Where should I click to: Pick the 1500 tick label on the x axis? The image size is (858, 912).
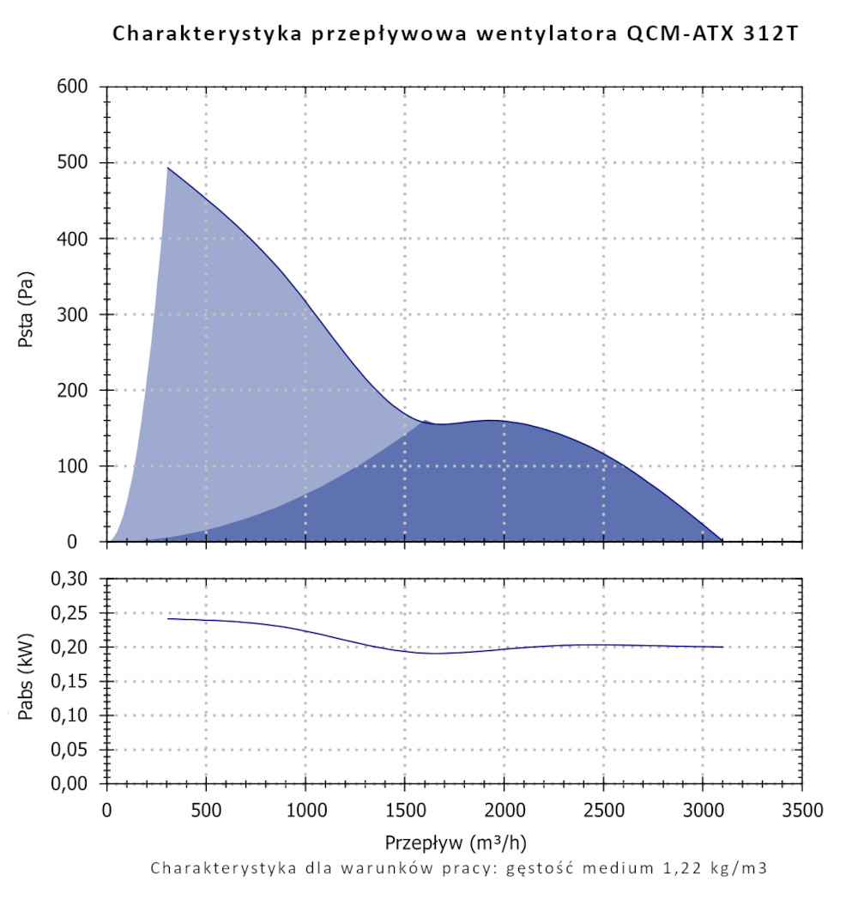pyautogui.click(x=404, y=810)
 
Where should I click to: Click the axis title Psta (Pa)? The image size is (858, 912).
pyautogui.click(x=27, y=314)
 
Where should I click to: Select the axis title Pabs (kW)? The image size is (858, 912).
pyautogui.click(x=27, y=681)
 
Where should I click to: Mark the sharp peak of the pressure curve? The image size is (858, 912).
pyautogui.click(x=168, y=167)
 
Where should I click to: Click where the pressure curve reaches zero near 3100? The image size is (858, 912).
pyautogui.click(x=722, y=541)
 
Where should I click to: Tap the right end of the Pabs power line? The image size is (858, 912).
pyautogui.click(x=722, y=647)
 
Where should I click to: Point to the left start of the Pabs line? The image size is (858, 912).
pyautogui.click(x=168, y=618)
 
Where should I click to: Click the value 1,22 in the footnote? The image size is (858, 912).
pyautogui.click(x=672, y=868)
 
